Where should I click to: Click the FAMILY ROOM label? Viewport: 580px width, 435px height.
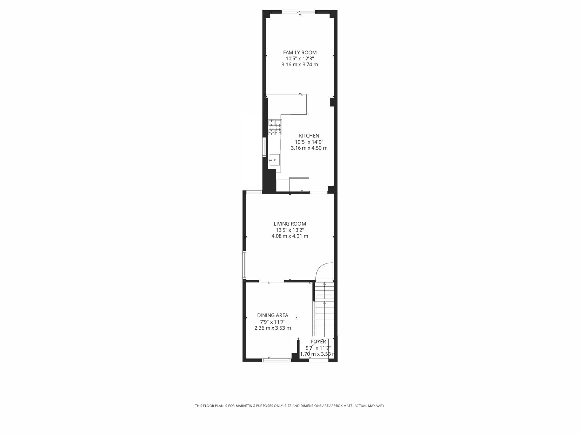click(300, 53)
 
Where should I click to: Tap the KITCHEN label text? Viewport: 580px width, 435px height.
click(309, 136)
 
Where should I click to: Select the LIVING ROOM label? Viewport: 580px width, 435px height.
click(290, 224)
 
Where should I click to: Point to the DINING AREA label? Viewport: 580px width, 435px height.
click(272, 315)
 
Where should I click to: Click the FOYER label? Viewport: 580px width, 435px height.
click(318, 342)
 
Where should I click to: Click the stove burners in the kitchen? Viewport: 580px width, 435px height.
click(275, 128)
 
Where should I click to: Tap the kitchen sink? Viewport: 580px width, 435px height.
click(274, 160)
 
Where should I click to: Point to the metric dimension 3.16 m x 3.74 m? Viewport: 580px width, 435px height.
click(300, 65)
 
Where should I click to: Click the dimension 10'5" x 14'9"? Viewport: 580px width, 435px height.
click(309, 142)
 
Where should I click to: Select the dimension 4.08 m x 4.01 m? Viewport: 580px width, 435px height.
click(290, 236)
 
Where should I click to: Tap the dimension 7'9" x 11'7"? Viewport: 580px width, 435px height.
click(272, 322)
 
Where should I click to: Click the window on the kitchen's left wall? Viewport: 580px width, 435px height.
click(265, 147)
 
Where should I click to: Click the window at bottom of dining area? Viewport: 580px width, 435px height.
click(276, 360)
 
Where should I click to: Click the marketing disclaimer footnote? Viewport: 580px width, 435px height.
click(290, 406)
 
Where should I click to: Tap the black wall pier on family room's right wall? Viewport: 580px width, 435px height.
click(332, 102)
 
